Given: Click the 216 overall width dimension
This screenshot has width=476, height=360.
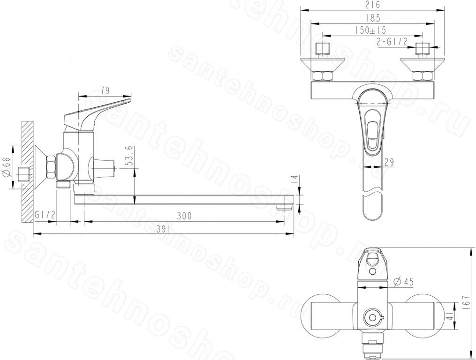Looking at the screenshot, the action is point(373,5).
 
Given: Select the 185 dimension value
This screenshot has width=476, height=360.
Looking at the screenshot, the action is point(373,18).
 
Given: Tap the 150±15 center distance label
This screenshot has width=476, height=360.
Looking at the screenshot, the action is point(370,30).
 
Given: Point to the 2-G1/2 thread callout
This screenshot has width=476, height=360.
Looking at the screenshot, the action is point(392,42).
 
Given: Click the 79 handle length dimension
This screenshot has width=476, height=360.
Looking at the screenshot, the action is point(105,90).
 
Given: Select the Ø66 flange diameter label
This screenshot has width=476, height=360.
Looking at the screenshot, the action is point(8,167).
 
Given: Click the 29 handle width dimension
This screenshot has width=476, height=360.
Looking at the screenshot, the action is point(389,162).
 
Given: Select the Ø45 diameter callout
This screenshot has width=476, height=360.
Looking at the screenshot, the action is point(403,282).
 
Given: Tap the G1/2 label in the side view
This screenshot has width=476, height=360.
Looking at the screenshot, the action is point(45,215).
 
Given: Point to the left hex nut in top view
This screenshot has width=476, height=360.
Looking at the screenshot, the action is point(322,76).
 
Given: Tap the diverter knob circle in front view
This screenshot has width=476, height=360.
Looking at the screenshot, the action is point(371,318).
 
